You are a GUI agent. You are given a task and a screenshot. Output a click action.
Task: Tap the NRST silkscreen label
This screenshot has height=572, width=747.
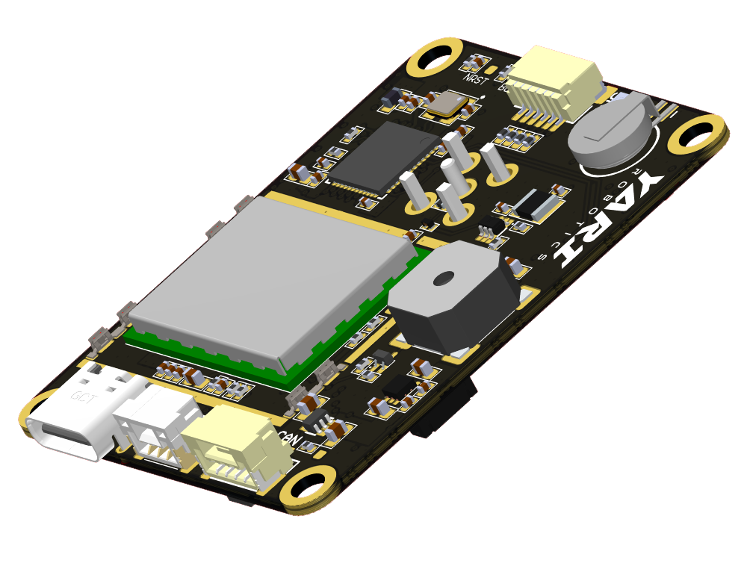pos(474,78)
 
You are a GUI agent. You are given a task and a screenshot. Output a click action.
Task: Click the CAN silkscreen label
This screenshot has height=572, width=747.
pos(288,438)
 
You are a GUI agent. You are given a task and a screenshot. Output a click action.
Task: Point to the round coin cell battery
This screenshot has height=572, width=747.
pos(609,134)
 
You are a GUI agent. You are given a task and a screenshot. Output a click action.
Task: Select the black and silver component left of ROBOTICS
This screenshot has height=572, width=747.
pos(536,204)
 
